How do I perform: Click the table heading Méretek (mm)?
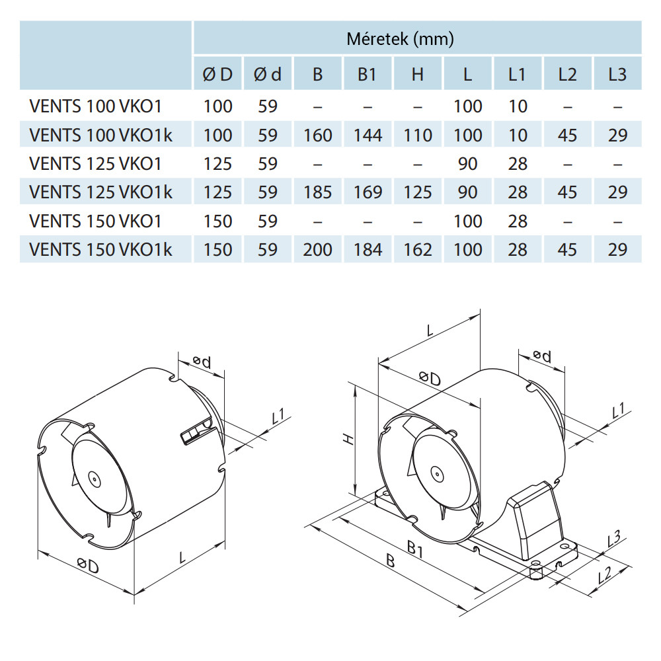coord(400,40)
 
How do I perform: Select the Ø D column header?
coord(217,75)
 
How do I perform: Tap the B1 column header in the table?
coord(367,75)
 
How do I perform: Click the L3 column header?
coord(617,75)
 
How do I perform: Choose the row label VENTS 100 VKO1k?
coord(101,136)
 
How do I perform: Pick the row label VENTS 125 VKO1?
coord(95,163)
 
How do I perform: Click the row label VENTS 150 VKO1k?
coord(101,250)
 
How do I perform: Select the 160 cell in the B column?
coord(318,136)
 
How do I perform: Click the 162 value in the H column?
coord(417,250)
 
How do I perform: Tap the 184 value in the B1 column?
coord(368,250)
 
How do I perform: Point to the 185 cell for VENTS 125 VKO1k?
coord(318,192)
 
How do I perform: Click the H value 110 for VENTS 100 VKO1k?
coord(417,136)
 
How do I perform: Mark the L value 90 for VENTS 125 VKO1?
coord(467,163)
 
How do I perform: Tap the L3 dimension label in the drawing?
coord(614,539)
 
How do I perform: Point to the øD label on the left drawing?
coord(87,566)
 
